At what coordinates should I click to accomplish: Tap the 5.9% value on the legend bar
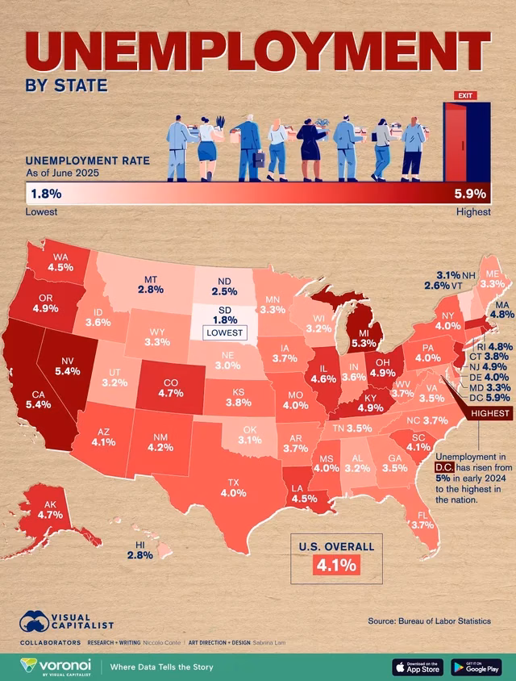(470, 194)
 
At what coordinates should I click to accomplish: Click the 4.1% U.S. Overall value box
(335, 566)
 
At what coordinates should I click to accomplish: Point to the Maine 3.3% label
(491, 279)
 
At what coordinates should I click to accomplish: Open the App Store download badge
(417, 666)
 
